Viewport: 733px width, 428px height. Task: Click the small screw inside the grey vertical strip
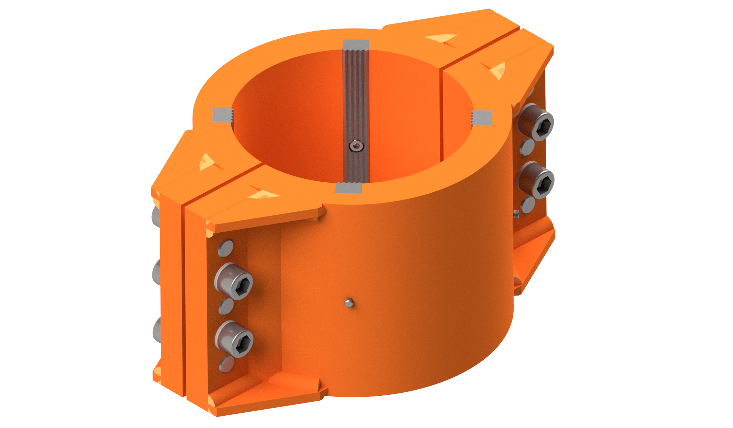tap(356, 147)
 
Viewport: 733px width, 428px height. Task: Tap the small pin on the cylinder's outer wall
tap(349, 302)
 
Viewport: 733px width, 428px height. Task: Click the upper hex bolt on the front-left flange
tap(234, 281)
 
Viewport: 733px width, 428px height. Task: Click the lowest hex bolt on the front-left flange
tap(235, 339)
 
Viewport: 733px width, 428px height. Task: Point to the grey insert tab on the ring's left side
tap(222, 115)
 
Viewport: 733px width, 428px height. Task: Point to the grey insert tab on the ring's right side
tap(482, 118)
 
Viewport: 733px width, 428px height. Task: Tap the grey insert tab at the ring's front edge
tap(348, 188)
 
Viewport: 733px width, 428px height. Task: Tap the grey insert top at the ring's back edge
tap(356, 44)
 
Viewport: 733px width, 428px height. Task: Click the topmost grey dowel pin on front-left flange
tap(226, 248)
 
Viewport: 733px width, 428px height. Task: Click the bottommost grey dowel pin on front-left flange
tap(226, 364)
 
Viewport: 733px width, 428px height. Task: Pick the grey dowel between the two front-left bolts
tap(226, 306)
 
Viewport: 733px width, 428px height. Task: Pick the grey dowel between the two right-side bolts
tap(527, 147)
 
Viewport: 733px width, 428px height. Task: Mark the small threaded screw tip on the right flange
tap(516, 214)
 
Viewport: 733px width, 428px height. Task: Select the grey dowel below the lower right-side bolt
tap(527, 205)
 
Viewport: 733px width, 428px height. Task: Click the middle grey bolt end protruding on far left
tap(156, 272)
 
